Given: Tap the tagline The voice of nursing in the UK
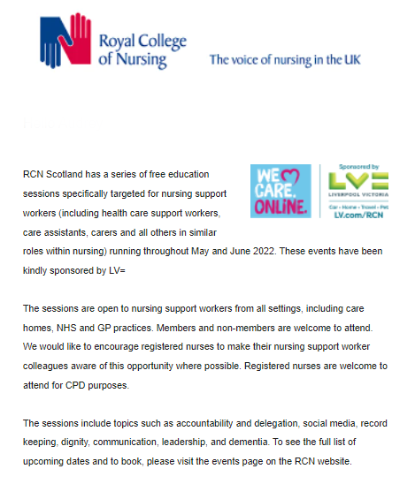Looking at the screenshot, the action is pyautogui.click(x=284, y=60).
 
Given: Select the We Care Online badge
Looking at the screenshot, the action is pyautogui.click(x=281, y=191).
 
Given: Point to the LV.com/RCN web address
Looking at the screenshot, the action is pyautogui.click(x=357, y=214).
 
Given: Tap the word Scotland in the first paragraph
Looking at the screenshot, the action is pyautogui.click(x=73, y=174).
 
